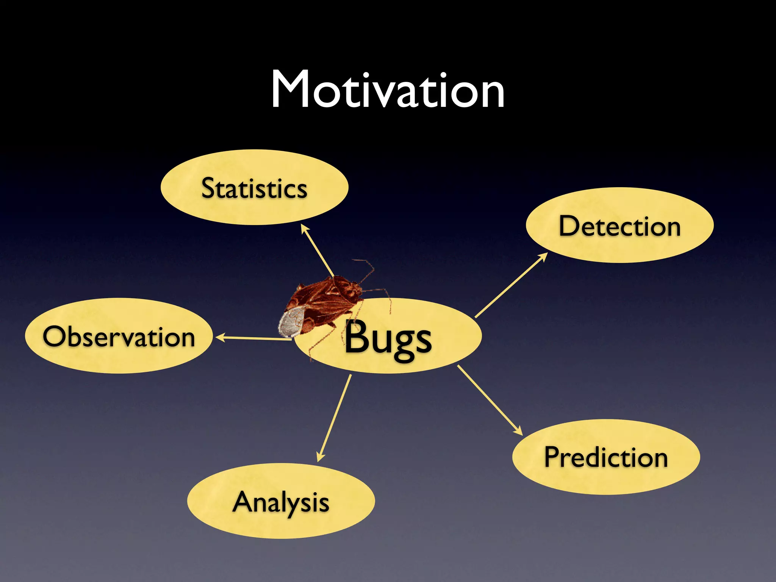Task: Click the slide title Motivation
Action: [x=388, y=90]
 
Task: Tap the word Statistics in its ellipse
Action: [x=254, y=188]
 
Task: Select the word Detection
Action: [x=620, y=226]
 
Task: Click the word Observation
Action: [x=119, y=336]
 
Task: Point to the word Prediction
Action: [x=606, y=457]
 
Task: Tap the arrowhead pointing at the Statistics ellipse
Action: [x=304, y=228]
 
